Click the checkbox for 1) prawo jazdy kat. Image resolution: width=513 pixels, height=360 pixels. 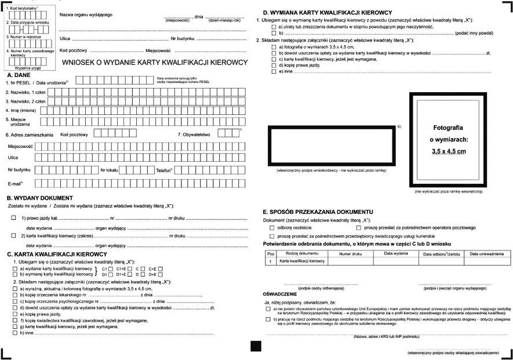(13, 218)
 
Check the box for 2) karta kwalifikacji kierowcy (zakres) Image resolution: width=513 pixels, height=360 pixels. (13, 236)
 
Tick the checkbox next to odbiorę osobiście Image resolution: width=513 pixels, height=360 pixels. (272, 228)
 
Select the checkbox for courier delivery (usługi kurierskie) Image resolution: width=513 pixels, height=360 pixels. (272, 236)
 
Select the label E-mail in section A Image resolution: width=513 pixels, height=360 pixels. (15, 183)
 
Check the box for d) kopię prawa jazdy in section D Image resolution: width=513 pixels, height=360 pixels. (274, 65)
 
